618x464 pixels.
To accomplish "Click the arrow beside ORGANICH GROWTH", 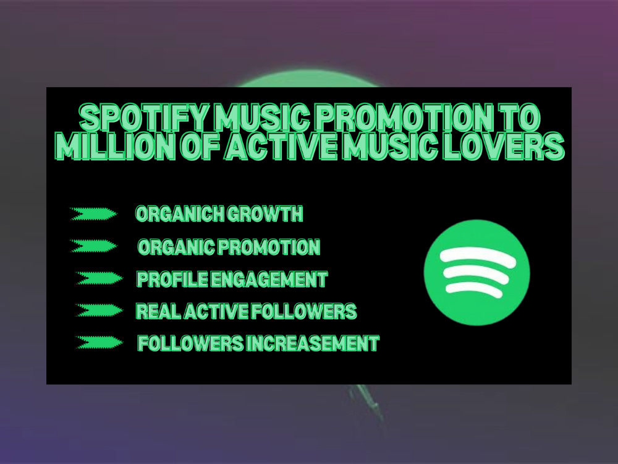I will click(93, 214).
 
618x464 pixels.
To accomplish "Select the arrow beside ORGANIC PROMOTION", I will click(93, 246).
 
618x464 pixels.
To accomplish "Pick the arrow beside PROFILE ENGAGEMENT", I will click(98, 278).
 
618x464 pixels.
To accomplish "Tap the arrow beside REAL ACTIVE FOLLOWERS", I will click(98, 311).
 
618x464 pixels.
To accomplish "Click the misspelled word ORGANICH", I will click(180, 214).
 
